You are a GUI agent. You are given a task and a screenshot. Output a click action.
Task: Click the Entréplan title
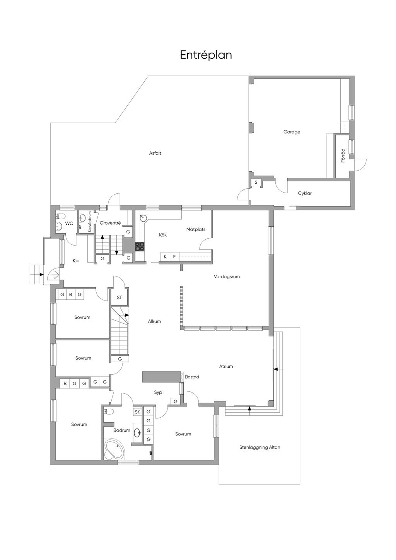point(206,55)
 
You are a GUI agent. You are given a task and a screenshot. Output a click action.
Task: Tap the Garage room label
point(292,132)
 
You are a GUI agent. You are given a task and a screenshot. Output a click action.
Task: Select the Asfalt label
point(155,153)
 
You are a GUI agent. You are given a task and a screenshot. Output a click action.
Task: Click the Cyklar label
point(305,193)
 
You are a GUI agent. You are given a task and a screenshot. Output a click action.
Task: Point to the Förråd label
point(343,155)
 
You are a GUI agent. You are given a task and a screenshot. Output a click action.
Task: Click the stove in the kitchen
point(140,246)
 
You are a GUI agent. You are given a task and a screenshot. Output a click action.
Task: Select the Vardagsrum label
point(227,277)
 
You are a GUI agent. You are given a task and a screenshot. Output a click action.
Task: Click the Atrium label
point(226,366)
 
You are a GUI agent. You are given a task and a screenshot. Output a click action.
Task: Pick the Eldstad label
point(192,377)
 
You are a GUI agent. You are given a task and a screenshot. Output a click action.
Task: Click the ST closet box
point(119,297)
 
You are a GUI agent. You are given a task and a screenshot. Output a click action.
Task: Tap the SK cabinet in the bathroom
point(138,412)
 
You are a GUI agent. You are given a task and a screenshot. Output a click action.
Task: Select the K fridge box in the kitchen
point(165,256)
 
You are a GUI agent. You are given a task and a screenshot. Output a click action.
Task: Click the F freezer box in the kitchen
point(174,256)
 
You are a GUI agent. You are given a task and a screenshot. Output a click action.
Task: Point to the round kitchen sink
point(143,218)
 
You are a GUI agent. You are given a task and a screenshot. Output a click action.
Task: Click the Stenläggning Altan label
point(259,447)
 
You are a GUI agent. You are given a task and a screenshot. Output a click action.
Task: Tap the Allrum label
point(154,321)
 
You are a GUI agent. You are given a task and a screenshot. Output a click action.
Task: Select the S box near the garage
point(256,183)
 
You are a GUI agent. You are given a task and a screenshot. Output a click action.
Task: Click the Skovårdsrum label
point(90,222)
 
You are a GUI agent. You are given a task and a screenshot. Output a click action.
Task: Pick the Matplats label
point(196,229)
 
